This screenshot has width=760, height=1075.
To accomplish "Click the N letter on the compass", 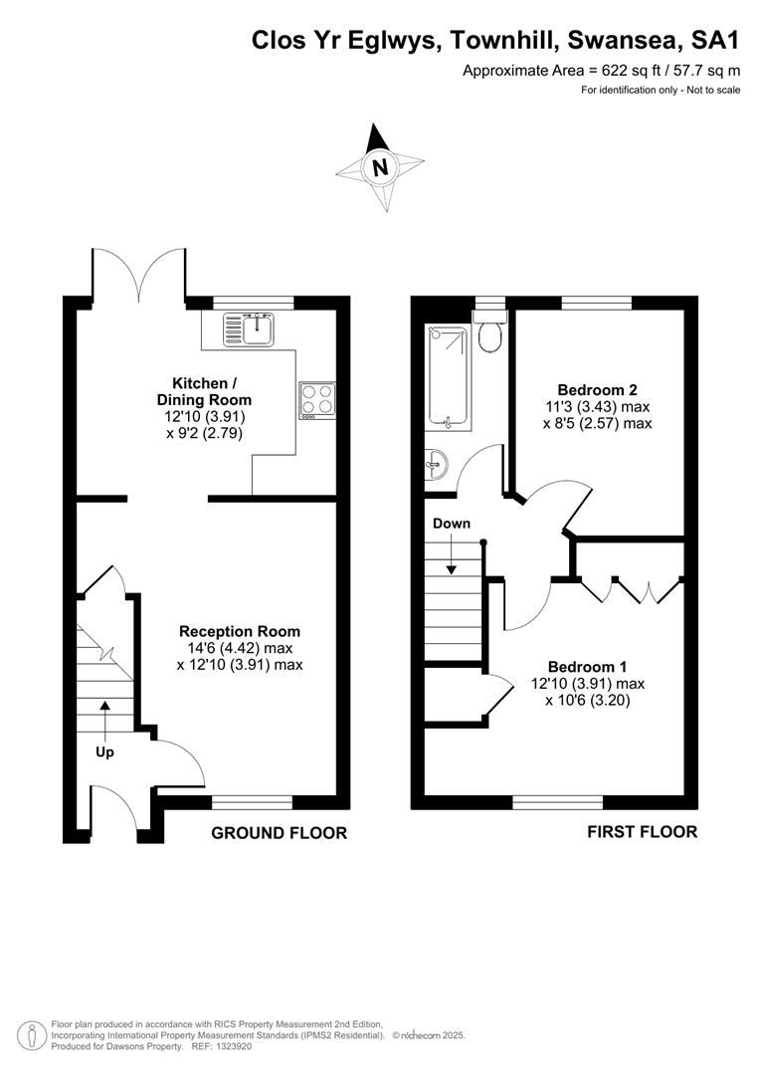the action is coord(380,167).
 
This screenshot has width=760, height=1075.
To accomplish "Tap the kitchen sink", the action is coord(248,329).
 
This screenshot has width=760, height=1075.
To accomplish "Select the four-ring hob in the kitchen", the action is coord(317,400).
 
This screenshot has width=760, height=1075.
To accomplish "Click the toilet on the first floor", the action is coord(490,331).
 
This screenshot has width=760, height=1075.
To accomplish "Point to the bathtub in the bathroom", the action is coord(448,377).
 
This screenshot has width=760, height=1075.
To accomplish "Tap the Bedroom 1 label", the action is coord(587,667).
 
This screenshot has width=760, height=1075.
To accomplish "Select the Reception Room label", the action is coord(240,631).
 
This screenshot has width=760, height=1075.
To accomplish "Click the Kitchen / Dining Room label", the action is coord(204,391).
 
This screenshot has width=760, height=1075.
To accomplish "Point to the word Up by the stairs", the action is coord(104,752).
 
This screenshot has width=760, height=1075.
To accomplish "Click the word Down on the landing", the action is coord(452,524).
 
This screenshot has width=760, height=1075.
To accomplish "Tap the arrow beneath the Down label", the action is coord(452,554).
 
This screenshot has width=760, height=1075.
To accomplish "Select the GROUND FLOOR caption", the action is coord(279,833).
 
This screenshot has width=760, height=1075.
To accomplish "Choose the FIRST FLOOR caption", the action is coord(643,832).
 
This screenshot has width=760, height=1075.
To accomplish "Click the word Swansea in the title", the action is coord(625,41).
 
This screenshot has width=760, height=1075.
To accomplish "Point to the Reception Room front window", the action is coord(253,802).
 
